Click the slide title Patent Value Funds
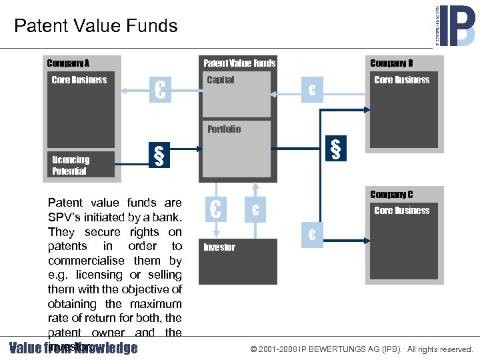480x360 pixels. point(95,26)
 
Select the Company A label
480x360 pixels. point(68,63)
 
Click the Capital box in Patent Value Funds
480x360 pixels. point(235,94)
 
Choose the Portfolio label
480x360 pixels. point(224,129)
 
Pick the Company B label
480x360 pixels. point(391,63)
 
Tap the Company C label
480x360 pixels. point(391,195)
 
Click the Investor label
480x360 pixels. point(219,247)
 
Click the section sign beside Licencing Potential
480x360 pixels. point(159,156)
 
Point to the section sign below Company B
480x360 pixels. point(335,149)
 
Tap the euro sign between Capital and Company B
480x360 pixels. point(311,90)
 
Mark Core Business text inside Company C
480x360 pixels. point(402,211)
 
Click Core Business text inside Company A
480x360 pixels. point(79,80)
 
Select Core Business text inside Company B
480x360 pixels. point(402,80)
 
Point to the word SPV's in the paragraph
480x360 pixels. point(70,217)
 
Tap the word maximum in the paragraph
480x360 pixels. point(151,304)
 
